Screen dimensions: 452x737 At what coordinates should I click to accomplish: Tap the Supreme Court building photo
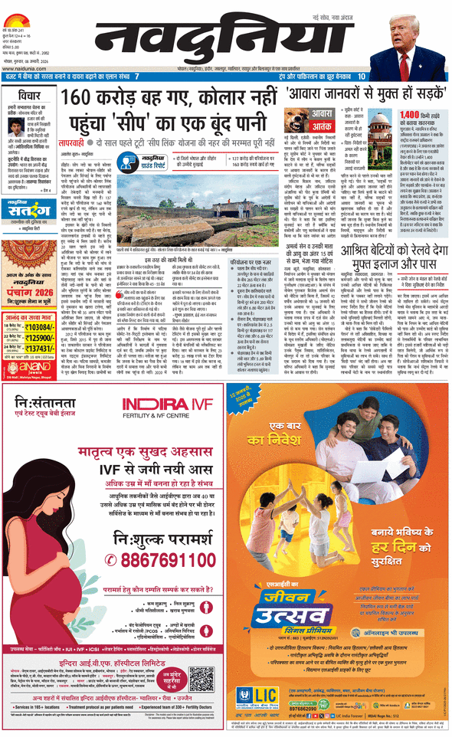point(381,131)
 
